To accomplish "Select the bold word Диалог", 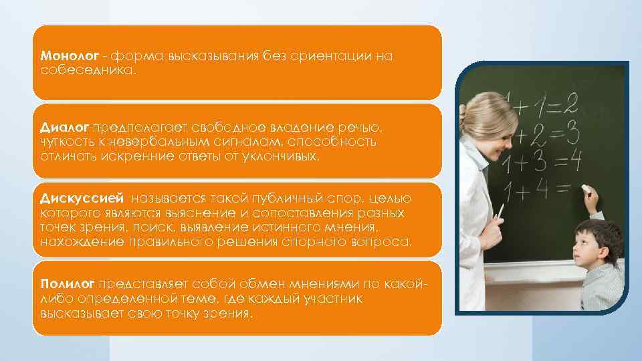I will [x=64, y=126].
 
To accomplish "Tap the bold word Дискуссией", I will [x=82, y=199].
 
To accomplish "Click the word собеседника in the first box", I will [x=87, y=70].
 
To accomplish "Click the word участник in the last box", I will [x=331, y=299].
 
